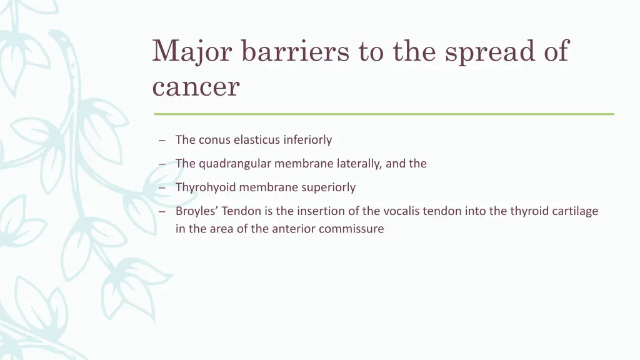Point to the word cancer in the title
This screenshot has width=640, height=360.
click(196, 87)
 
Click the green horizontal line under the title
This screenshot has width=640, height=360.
click(384, 114)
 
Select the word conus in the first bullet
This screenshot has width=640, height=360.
click(214, 140)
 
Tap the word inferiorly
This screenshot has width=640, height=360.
click(307, 140)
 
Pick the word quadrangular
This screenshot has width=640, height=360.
click(234, 164)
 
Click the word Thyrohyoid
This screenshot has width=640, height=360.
click(206, 187)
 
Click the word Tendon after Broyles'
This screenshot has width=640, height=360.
click(238, 211)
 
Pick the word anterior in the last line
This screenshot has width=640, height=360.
click(295, 229)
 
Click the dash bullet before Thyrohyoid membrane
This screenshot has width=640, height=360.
click(161, 187)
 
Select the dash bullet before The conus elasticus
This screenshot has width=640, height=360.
click(161, 140)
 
